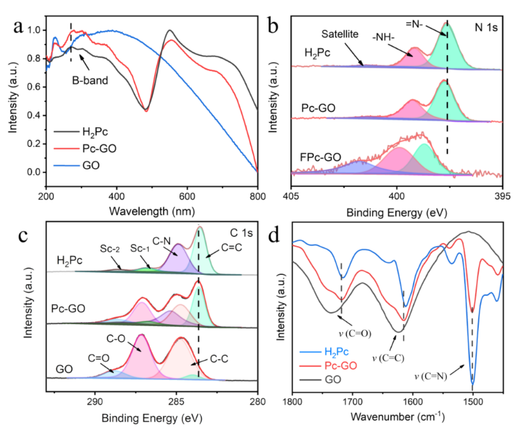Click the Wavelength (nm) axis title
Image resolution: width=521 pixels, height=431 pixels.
(x=152, y=212)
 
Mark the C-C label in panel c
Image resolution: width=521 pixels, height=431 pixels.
(x=220, y=360)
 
